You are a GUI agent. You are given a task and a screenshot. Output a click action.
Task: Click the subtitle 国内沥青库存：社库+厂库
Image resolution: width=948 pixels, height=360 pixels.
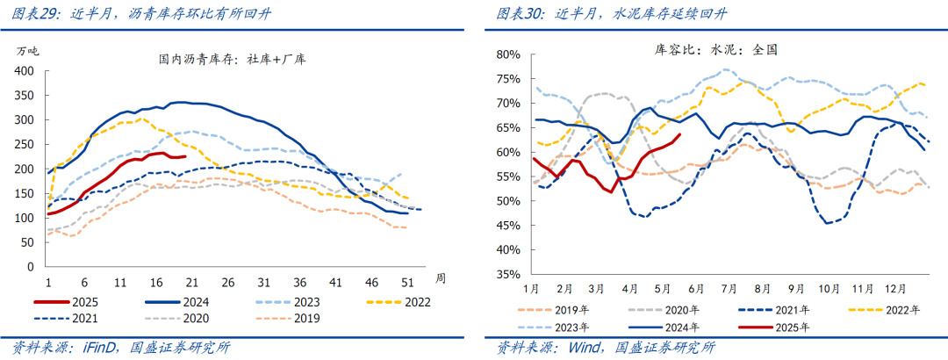point(232,60)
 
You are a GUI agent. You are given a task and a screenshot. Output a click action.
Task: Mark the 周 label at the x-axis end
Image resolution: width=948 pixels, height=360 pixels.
point(441,278)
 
